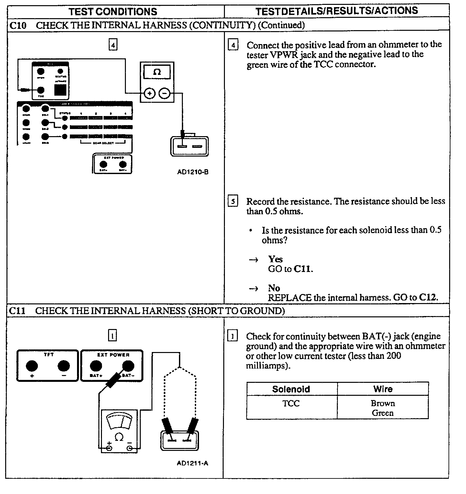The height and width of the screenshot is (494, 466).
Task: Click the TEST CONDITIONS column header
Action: (x=113, y=12)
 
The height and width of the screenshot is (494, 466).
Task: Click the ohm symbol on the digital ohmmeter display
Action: (x=157, y=72)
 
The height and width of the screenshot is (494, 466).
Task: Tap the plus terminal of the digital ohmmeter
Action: (x=149, y=94)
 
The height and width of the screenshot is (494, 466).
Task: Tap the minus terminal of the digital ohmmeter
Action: (x=164, y=94)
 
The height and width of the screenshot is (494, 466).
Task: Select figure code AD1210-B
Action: (x=193, y=172)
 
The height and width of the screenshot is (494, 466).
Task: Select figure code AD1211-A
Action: (x=193, y=463)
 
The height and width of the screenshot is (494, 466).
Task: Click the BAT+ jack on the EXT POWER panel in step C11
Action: (x=95, y=366)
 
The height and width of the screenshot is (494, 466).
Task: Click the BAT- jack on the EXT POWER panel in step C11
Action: (x=128, y=366)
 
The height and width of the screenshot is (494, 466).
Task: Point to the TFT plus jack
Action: (x=32, y=366)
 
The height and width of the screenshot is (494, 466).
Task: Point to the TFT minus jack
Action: (x=64, y=366)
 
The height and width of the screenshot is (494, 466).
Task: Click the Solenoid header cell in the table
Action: (x=291, y=389)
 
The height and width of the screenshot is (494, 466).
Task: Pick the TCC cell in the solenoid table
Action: (x=291, y=404)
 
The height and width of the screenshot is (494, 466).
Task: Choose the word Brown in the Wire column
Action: (x=383, y=404)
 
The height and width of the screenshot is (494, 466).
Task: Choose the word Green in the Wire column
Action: (x=383, y=413)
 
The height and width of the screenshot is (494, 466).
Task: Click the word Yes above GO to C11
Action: (x=275, y=259)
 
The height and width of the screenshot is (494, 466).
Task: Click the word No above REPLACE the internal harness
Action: (x=274, y=288)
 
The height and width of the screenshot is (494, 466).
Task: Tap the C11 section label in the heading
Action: (x=17, y=311)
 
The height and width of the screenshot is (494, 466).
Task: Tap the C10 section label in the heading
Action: (x=18, y=25)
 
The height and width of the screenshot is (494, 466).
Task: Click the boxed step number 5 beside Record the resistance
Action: (x=233, y=202)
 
